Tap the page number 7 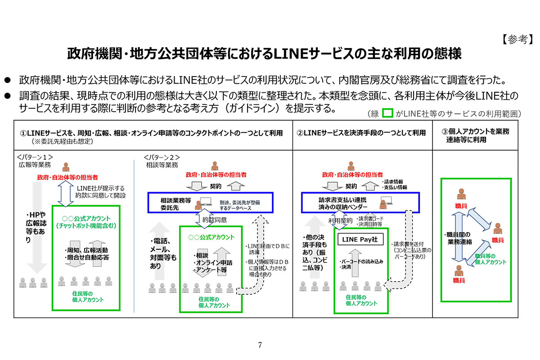click(260, 345)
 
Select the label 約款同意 click(215, 220)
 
